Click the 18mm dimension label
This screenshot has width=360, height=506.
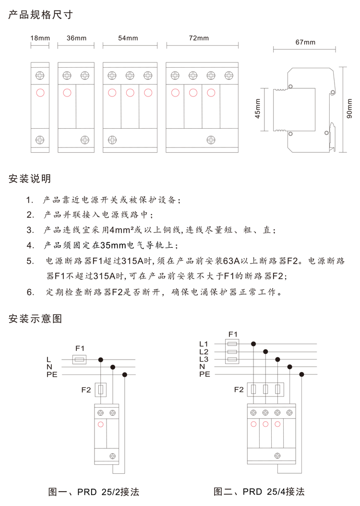coord(40,38)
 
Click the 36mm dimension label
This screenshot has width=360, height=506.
coord(76,38)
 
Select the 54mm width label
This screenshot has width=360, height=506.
coord(128,38)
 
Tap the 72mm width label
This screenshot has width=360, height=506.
coord(199,38)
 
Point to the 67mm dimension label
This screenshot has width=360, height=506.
coord(305,42)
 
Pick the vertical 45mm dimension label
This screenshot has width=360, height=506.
coord(257,109)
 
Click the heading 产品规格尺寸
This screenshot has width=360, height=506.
coord(40,14)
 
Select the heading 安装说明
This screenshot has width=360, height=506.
coord(30,179)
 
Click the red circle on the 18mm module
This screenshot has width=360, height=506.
coord(40,92)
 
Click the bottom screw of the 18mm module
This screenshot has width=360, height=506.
coord(40,140)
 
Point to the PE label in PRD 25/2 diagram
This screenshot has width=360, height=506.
coord(51,374)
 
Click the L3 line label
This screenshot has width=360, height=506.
coord(204,359)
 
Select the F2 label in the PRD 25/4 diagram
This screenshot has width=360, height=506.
coord(239,389)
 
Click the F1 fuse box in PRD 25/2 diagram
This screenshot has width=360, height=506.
coord(80,359)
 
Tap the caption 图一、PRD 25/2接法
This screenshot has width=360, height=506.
coord(94,492)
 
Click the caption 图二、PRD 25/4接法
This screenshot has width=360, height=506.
coord(259,492)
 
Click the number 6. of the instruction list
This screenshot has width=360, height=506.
coord(30,292)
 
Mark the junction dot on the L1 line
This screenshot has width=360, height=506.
coord(253,344)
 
